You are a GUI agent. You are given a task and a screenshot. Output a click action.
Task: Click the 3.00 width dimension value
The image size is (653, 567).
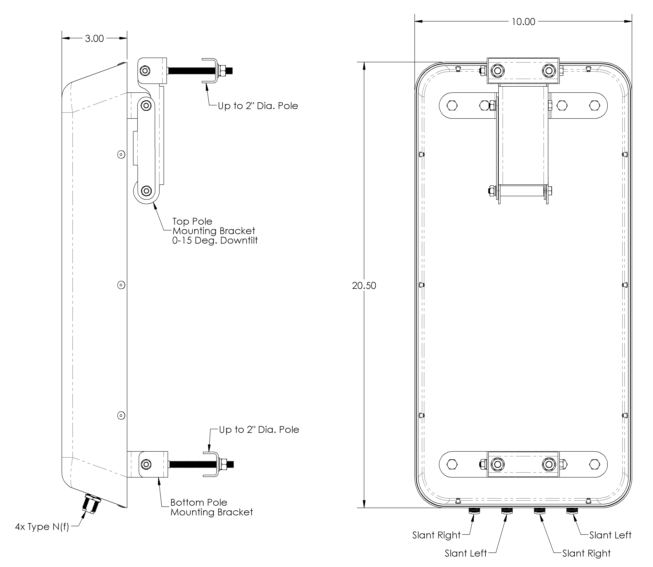pos(94,39)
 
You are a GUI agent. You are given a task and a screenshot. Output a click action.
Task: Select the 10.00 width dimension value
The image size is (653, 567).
pos(523,22)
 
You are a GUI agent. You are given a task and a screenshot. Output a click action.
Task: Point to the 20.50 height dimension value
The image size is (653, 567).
pos(364,286)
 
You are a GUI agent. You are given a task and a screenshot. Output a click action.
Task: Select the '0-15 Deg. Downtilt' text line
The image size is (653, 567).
pos(215,240)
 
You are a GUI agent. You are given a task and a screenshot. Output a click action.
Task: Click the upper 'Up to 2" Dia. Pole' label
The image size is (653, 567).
pos(258,106)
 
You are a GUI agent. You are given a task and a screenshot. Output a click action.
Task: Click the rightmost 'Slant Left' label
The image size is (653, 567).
pos(610,535)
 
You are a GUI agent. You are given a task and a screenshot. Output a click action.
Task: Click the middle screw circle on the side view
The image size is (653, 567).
pos(121,285)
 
